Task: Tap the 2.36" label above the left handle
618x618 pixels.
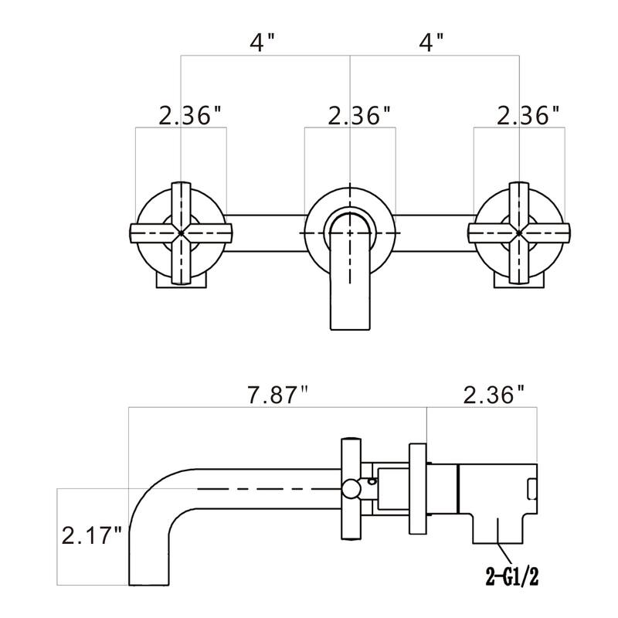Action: tap(190, 116)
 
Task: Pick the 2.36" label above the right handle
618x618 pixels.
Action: tap(528, 116)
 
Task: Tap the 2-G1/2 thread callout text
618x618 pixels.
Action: tap(511, 575)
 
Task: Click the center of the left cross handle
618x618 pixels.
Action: tap(181, 231)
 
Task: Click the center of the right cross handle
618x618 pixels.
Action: tap(519, 231)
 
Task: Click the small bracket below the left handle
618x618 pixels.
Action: tap(182, 280)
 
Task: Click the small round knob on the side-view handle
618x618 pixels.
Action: tap(351, 487)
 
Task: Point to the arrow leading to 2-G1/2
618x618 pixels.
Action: tap(504, 552)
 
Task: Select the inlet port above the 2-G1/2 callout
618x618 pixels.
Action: tap(499, 528)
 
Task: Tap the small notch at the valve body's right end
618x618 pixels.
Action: tap(531, 489)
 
